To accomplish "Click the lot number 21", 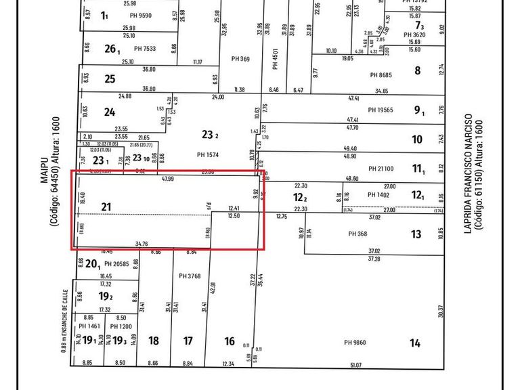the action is [106, 207].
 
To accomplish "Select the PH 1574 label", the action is [206, 154].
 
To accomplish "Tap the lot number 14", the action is [414, 343].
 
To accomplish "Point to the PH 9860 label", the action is [355, 343].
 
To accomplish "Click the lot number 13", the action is [416, 234].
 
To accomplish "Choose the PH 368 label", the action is [357, 234].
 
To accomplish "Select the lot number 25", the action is [110, 79].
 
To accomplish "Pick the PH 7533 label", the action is [145, 49].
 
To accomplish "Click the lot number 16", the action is [230, 341].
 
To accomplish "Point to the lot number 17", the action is [188, 341].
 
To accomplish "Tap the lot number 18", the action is [154, 341].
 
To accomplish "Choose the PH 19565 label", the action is [381, 110].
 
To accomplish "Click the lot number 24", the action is [110, 112].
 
